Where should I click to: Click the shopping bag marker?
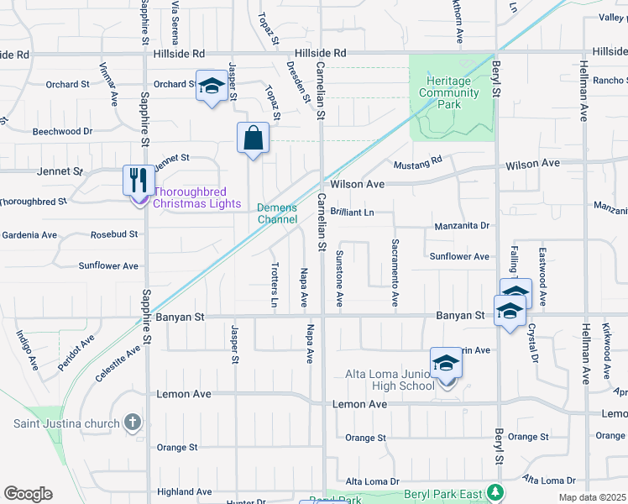tap(253, 138)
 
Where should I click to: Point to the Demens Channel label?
tap(277, 213)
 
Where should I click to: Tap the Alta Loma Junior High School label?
tap(390, 380)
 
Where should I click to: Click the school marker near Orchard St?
tap(212, 86)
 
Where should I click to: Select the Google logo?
tap(28, 493)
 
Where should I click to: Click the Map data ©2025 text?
tap(591, 497)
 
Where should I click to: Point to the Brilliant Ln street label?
tap(352, 213)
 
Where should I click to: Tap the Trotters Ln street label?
tap(275, 285)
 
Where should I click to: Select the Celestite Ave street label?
tap(117, 365)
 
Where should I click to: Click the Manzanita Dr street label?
tap(461, 226)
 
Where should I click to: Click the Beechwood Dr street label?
tap(62, 132)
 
